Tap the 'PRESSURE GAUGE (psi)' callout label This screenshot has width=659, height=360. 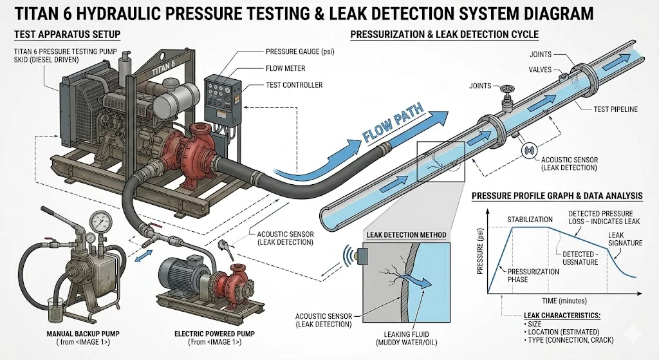(x=305, y=51)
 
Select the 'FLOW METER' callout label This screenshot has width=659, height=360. (x=285, y=68)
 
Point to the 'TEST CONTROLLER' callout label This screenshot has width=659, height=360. (x=294, y=85)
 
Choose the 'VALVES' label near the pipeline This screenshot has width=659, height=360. (x=540, y=70)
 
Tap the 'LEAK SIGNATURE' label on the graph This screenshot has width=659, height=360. (x=624, y=238)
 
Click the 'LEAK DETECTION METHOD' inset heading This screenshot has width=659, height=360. (x=405, y=235)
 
